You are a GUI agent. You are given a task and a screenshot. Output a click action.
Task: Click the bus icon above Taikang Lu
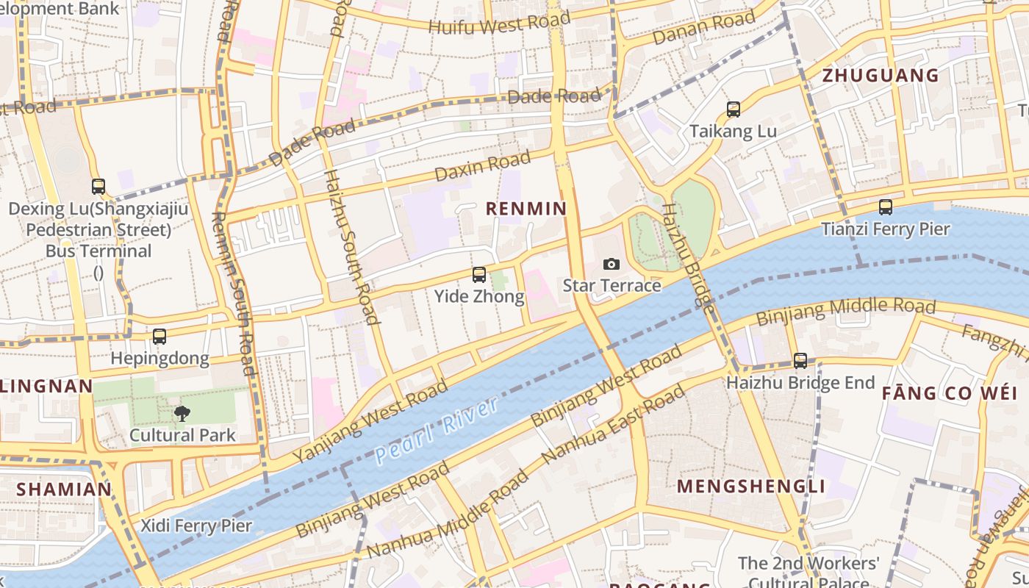click(x=733, y=110)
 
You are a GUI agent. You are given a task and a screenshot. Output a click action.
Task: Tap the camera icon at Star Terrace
click(x=611, y=264)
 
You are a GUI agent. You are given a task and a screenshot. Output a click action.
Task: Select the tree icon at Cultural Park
click(x=182, y=414)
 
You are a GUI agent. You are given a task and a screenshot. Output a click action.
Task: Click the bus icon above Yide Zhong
click(x=479, y=275)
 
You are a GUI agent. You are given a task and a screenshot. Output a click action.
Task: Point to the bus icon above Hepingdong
click(x=159, y=337)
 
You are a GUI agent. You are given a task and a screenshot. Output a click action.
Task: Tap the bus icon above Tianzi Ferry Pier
click(x=886, y=207)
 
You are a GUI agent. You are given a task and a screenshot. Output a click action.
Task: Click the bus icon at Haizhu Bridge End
click(x=800, y=361)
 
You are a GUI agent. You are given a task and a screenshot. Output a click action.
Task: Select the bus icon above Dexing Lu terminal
click(x=98, y=187)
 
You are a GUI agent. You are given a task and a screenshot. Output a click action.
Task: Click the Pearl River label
click(x=437, y=430)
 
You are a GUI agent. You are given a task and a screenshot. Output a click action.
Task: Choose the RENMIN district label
click(x=526, y=209)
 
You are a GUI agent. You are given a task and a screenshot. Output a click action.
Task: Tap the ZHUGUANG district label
click(x=881, y=76)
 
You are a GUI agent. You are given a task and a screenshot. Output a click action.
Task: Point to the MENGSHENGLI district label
click(x=750, y=487)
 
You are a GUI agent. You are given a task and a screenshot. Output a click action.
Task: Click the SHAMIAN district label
click(x=64, y=489)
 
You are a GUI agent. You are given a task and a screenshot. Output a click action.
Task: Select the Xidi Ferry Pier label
click(x=196, y=526)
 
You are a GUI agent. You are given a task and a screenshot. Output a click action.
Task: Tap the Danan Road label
click(x=704, y=27)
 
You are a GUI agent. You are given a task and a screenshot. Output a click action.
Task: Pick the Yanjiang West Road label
click(x=370, y=421)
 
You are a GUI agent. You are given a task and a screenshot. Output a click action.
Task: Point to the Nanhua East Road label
click(x=612, y=426)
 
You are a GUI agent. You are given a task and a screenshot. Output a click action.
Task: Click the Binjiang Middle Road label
click(x=846, y=312)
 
